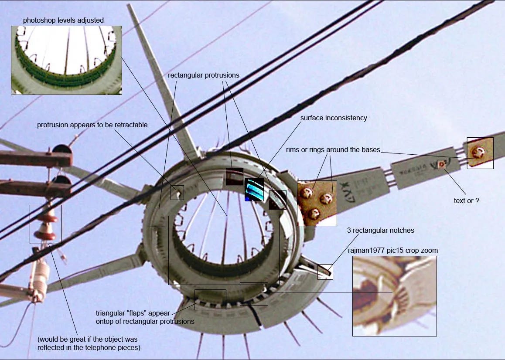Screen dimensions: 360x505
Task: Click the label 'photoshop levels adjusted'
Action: [x=63, y=20]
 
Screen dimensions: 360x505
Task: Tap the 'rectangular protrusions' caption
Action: [x=203, y=75]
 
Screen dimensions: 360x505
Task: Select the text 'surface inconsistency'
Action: [x=334, y=118]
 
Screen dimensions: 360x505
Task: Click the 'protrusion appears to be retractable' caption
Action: [x=92, y=125]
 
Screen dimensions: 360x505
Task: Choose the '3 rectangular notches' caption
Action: [x=380, y=230]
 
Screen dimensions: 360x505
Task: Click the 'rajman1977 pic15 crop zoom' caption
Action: [x=392, y=251]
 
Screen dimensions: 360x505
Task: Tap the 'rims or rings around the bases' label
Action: [x=333, y=150]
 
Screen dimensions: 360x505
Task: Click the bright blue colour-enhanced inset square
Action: [x=254, y=190]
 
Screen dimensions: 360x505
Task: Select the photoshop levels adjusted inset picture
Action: [x=66, y=60]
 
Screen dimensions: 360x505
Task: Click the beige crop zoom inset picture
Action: [x=394, y=296]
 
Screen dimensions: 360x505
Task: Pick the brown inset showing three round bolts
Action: [x=317, y=203]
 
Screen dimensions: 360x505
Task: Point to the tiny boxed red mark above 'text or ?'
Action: [x=441, y=164]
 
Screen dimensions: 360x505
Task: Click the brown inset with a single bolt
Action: [x=480, y=153]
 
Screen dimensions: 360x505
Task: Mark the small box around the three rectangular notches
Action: [x=325, y=272]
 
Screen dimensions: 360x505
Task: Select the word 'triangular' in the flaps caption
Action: [x=110, y=313]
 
